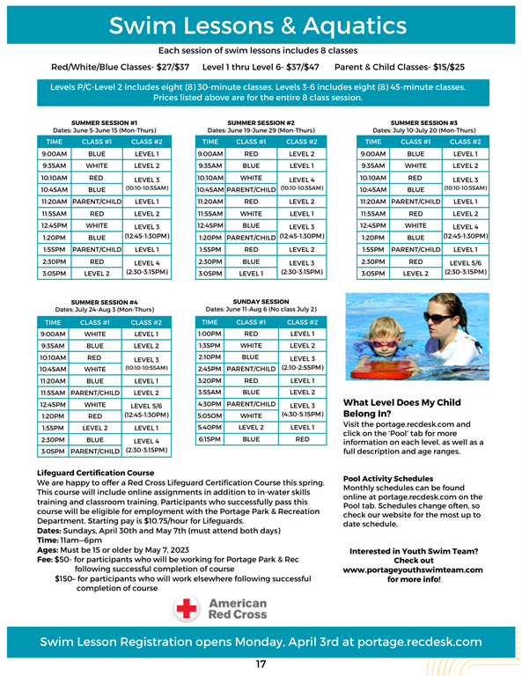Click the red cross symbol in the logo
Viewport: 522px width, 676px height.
coord(187,608)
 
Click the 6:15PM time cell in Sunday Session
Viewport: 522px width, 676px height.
coord(210,437)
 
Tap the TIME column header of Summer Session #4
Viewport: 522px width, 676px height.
coord(54,322)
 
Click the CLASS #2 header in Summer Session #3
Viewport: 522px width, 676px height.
coord(464,141)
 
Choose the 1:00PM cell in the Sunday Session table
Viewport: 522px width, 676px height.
coord(210,334)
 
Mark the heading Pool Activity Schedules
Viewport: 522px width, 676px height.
coord(387,479)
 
